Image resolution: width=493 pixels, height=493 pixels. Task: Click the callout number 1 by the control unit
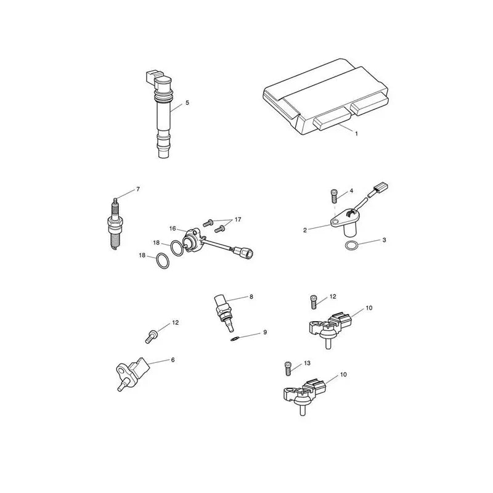356,134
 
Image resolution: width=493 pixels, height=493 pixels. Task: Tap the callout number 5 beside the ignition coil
187,102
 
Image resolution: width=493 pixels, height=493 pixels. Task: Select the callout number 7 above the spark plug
138,189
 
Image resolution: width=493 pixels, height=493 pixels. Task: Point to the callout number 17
238,219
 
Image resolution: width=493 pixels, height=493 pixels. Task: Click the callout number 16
173,229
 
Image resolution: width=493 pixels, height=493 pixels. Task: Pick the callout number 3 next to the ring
384,240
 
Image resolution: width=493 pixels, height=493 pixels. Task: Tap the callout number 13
307,363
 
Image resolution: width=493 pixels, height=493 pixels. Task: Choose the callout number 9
265,332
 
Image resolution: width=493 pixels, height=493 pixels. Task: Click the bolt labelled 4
334,196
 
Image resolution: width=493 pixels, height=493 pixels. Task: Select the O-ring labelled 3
351,245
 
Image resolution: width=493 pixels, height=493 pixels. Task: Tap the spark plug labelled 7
115,223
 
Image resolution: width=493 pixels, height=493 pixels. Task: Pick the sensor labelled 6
132,373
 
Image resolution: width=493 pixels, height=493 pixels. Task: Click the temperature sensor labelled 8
224,312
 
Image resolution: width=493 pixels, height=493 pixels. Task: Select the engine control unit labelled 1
326,97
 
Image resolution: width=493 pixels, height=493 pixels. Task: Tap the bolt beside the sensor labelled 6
152,336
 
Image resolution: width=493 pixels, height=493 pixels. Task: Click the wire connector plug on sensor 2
380,189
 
